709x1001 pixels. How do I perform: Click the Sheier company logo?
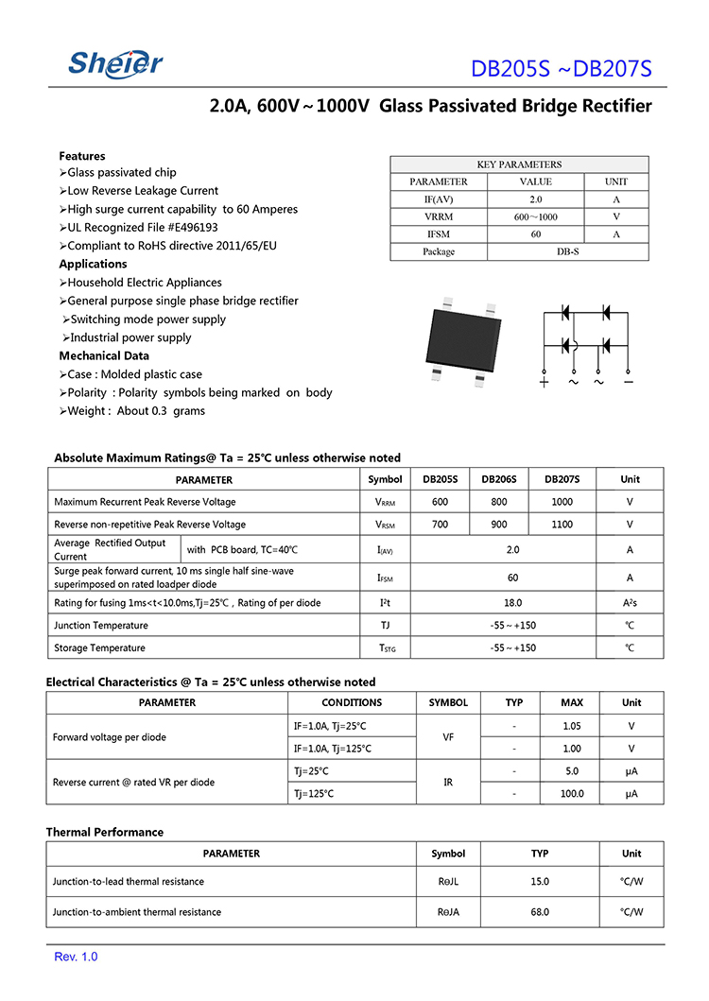[115, 62]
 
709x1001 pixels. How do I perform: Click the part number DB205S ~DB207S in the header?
[562, 69]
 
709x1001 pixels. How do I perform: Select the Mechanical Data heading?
[104, 355]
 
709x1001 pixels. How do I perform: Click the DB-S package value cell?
[567, 251]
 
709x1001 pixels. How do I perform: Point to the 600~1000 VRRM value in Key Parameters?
[535, 216]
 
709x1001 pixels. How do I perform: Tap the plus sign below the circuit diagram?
[544, 382]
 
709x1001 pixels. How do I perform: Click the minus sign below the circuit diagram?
[628, 382]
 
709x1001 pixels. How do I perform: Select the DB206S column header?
[499, 479]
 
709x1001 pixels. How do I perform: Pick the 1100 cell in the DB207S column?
[562, 525]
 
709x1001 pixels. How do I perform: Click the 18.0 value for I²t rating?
[512, 602]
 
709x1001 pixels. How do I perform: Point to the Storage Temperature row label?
[99, 647]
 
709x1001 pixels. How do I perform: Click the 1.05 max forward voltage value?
[571, 726]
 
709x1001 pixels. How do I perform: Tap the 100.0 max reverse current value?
[571, 794]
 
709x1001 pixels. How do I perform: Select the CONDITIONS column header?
[352, 702]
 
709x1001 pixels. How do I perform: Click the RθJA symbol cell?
[448, 912]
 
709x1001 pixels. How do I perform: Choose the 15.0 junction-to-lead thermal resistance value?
[539, 882]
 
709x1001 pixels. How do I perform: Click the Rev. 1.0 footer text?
[76, 958]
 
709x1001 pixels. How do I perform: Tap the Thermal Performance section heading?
[104, 832]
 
